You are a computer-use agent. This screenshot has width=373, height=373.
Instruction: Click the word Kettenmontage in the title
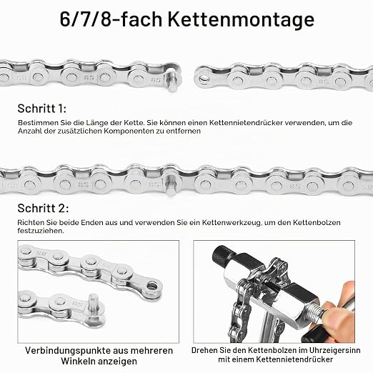click(241, 20)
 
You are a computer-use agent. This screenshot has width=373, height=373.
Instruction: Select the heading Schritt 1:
click(42, 109)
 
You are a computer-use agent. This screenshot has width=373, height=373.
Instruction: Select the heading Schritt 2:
click(43, 209)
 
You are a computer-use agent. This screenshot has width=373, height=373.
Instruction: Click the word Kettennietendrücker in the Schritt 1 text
click(246, 123)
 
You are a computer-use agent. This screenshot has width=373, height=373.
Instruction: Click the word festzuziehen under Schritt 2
click(41, 231)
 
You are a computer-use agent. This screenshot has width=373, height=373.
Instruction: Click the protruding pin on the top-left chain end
click(172, 81)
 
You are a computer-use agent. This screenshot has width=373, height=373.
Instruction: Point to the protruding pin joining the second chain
click(171, 184)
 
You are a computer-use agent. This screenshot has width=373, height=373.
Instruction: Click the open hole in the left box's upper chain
click(152, 285)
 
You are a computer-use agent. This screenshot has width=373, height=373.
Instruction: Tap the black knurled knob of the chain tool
click(221, 257)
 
